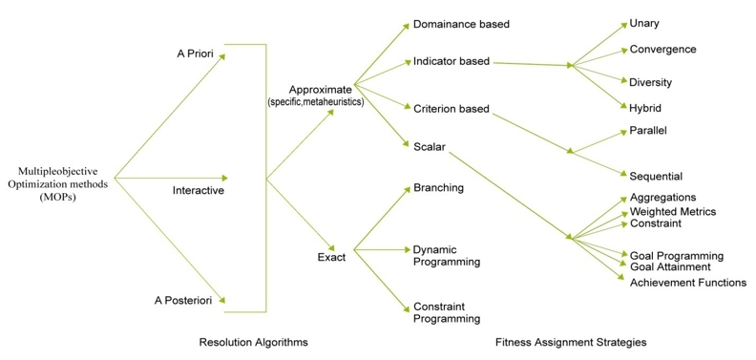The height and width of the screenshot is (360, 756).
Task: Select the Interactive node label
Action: click(198, 190)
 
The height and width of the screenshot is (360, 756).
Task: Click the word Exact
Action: click(331, 256)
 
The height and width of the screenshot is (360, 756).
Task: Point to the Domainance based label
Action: click(461, 22)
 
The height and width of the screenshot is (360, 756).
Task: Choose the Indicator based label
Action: click(451, 61)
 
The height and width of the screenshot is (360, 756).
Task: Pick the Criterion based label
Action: click(451, 108)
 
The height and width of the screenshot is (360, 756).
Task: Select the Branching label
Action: click(438, 187)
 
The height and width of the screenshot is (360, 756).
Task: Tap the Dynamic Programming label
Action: click(446, 255)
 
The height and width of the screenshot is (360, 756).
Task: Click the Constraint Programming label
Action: click(446, 312)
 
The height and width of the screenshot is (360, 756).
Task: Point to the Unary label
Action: click(644, 23)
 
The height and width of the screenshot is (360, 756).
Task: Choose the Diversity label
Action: click(651, 82)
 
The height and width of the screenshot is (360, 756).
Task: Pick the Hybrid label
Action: click(645, 108)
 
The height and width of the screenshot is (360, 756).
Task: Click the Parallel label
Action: click(648, 130)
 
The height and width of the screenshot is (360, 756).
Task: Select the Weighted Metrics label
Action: click(672, 211)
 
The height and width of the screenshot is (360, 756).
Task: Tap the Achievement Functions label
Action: click(687, 282)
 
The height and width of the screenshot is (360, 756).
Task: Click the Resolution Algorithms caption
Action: click(253, 341)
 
